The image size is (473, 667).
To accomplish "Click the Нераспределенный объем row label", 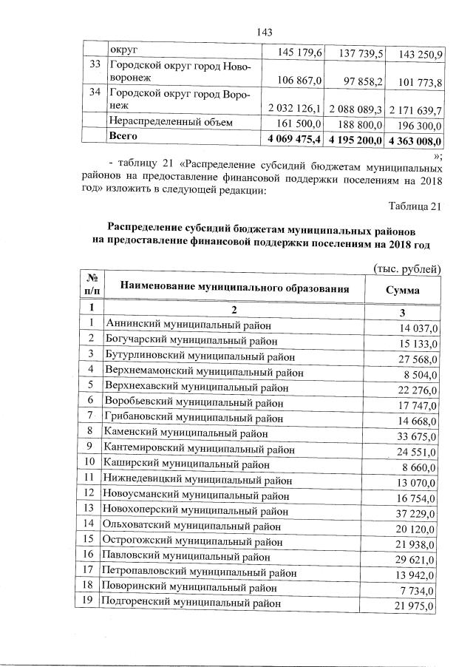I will tap(171, 121).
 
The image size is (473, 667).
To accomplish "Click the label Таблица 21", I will tap(415, 206).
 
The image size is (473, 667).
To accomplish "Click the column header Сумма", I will tap(402, 290).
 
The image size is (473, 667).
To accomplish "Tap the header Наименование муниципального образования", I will tap(234, 288).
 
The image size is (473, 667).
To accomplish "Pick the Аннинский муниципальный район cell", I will tap(188, 324).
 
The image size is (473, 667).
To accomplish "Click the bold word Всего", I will tap(123, 136).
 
